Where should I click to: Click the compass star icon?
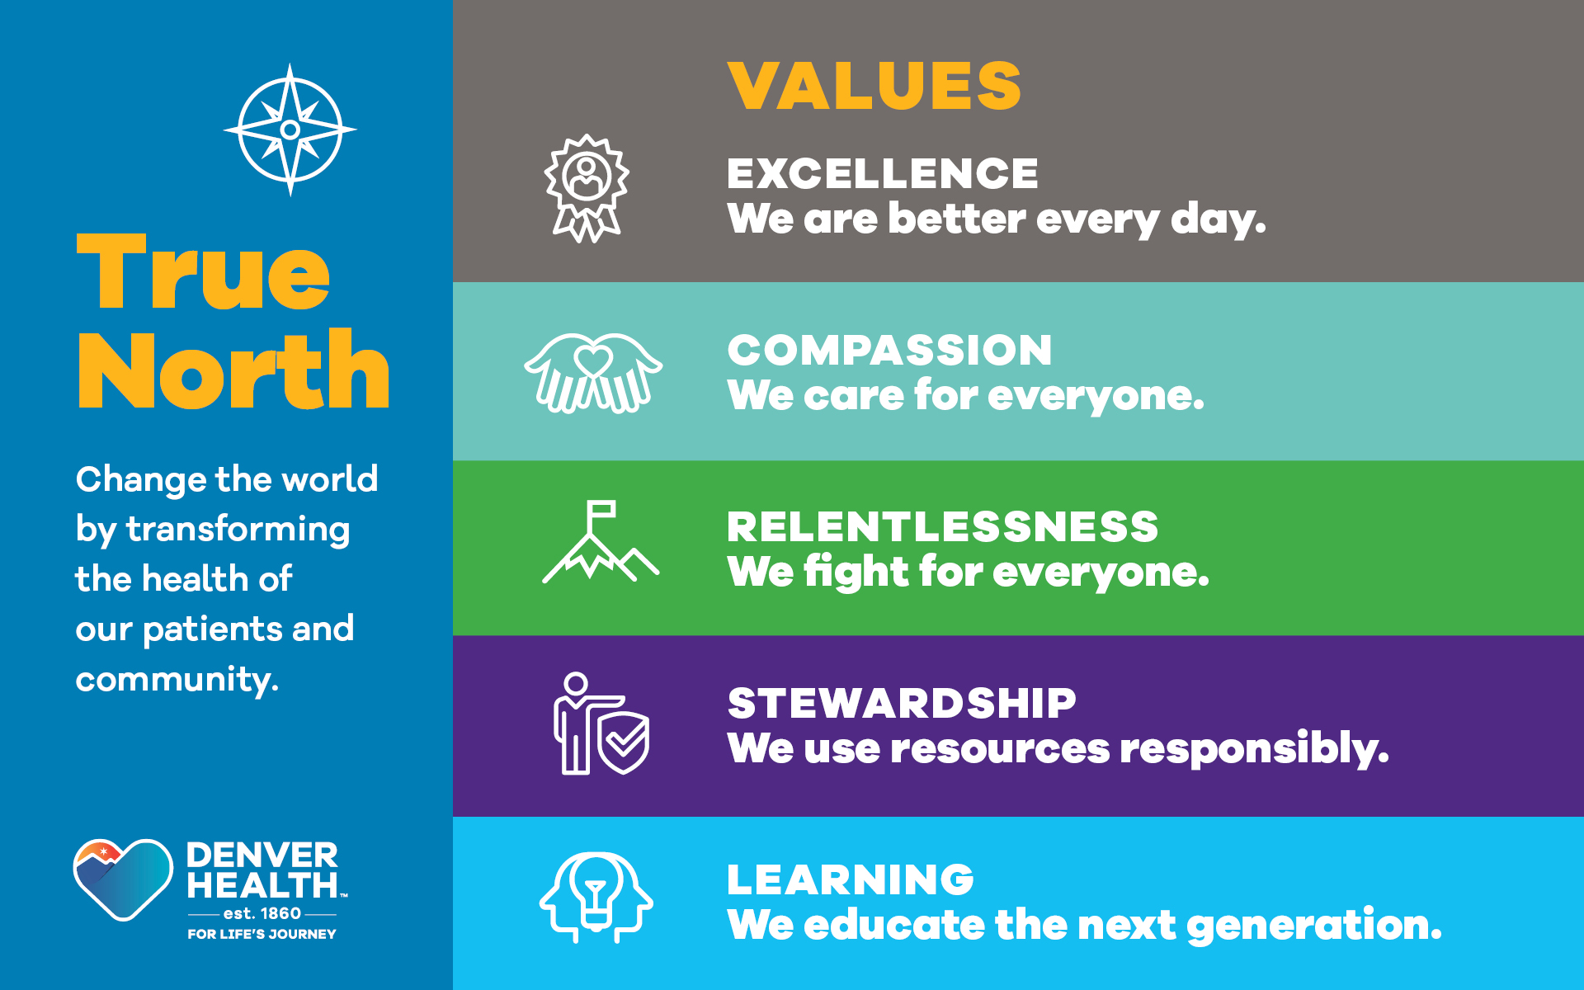[290, 130]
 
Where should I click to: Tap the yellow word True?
[203, 271]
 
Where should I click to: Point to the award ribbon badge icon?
[587, 188]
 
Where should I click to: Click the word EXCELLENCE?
[882, 173]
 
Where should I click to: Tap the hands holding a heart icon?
[593, 373]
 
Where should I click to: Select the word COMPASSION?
[889, 350]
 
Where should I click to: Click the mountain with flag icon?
[601, 542]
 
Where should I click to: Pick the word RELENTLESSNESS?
[943, 526]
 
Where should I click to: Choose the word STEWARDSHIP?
[902, 703]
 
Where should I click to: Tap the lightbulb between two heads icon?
[596, 898]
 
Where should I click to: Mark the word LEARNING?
[851, 879]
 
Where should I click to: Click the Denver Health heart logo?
[124, 879]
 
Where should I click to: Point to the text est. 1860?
[262, 913]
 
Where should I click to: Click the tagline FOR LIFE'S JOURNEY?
[262, 934]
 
